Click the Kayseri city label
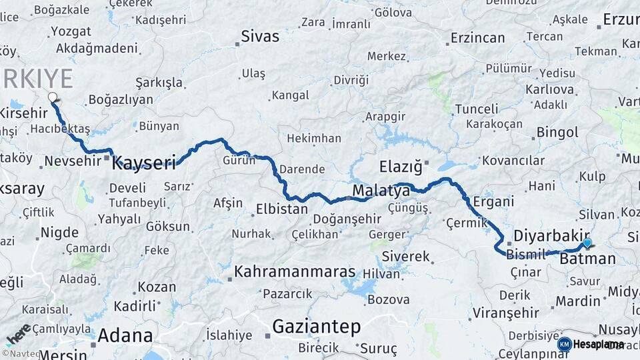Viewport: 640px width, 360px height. (143, 162)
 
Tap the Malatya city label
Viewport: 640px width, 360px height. (381, 192)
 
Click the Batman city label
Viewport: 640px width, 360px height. (587, 258)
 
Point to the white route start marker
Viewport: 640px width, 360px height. (53, 97)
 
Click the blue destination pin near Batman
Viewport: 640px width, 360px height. (587, 243)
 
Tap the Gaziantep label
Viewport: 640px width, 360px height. (316, 327)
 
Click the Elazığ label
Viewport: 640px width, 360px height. (401, 165)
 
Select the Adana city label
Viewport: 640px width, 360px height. (125, 335)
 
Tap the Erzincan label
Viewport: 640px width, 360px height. (477, 37)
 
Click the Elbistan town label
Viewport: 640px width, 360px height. (282, 209)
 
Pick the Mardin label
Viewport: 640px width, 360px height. (578, 301)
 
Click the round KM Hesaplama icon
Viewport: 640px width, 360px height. (564, 344)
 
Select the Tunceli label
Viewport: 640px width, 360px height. (476, 109)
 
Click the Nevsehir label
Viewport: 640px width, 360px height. (73, 160)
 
